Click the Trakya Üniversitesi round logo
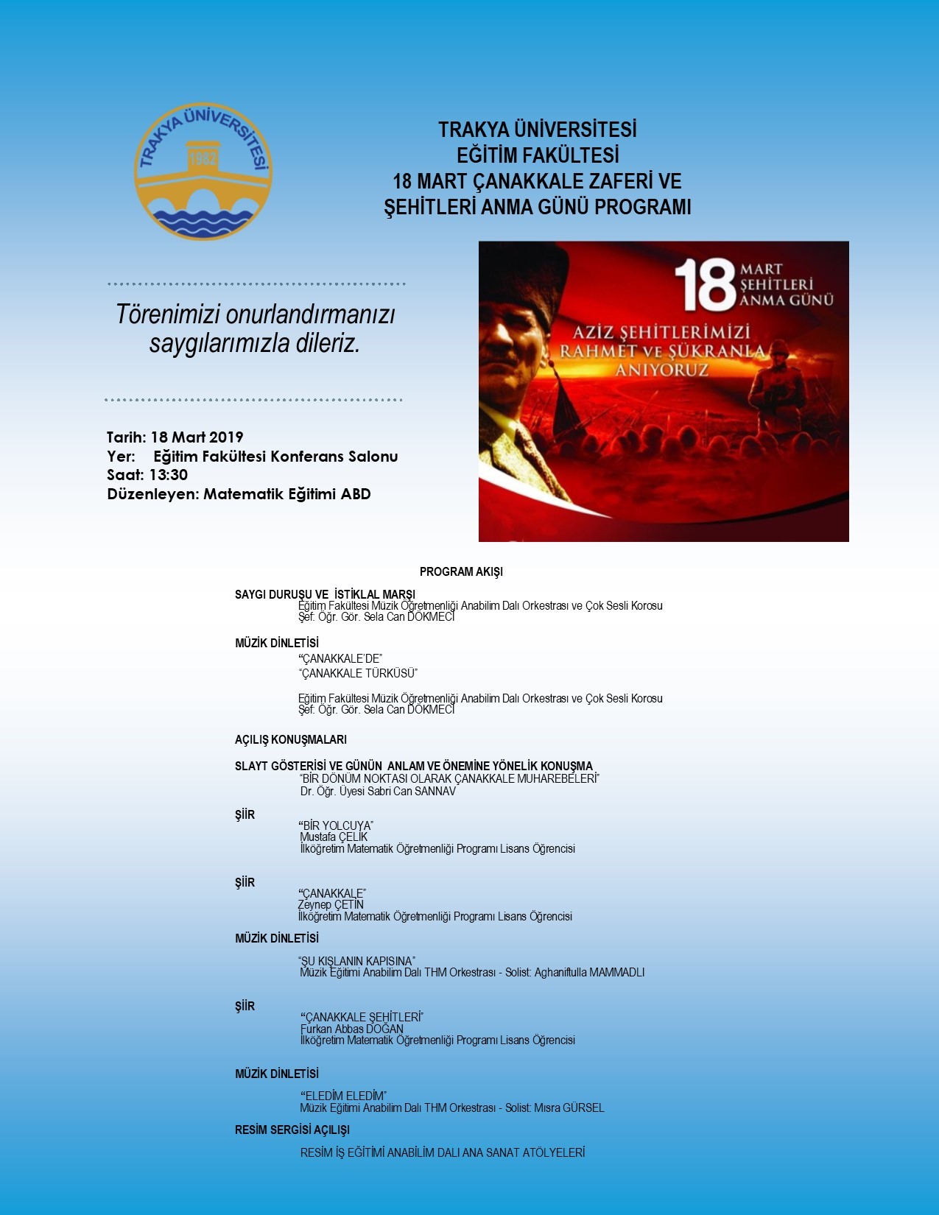(203, 171)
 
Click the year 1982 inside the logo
(203, 160)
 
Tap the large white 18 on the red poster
(705, 285)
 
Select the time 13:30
(169, 475)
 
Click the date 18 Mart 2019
(197, 437)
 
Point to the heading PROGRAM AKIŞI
(461, 571)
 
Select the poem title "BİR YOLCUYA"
(337, 825)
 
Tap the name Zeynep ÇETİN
(331, 904)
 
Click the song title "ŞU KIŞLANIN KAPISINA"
(357, 961)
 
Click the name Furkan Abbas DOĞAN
(352, 1029)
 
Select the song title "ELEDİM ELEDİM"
(344, 1096)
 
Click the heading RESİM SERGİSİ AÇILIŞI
(292, 1130)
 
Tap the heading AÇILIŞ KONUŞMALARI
(291, 739)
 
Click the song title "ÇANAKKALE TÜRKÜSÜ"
(359, 673)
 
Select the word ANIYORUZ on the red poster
(661, 370)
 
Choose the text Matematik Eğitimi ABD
(287, 494)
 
